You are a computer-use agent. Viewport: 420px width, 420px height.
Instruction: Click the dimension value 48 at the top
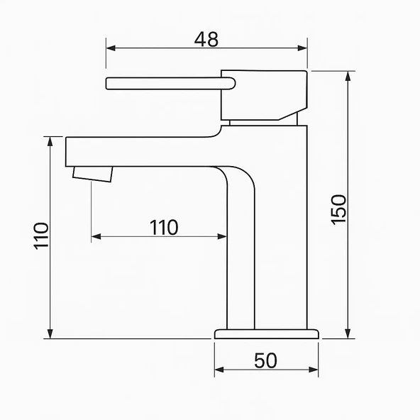point(206,40)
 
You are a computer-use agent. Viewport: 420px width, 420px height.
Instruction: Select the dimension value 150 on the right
point(338,210)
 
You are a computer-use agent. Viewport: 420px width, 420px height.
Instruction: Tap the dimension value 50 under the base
point(266,360)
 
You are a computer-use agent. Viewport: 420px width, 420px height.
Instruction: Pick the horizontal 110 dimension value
point(164,228)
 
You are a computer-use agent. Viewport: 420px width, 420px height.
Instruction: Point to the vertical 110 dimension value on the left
point(41,236)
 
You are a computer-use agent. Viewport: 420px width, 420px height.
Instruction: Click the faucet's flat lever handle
point(170,83)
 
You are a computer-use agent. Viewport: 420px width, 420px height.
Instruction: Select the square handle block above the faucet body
point(264,95)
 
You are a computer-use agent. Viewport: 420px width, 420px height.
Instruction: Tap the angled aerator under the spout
point(93,174)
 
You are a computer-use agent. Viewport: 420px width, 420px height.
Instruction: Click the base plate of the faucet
point(267,334)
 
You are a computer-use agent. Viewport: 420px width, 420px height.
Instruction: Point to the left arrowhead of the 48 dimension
point(111,48)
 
